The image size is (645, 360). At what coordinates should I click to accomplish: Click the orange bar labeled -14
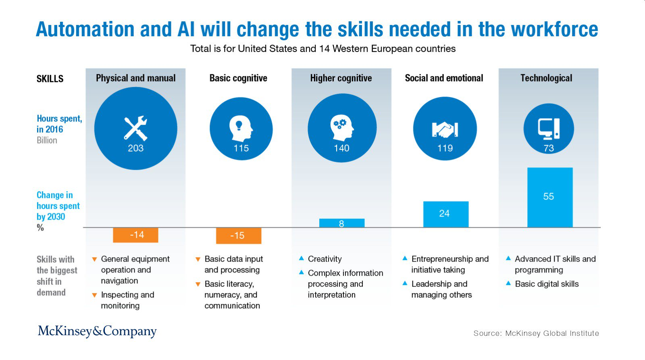click(135, 235)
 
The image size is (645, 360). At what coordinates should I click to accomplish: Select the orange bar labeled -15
click(239, 236)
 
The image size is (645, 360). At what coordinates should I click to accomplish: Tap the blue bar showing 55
click(550, 198)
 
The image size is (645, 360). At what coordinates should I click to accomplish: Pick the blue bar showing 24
click(446, 214)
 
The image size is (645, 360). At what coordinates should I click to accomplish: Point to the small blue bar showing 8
click(342, 223)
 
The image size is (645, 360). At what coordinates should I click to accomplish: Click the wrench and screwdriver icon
click(135, 128)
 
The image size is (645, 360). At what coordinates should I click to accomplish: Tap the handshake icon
click(445, 129)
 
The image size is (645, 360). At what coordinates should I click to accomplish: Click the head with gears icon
click(342, 128)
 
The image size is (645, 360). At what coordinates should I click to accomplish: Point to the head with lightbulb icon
click(241, 129)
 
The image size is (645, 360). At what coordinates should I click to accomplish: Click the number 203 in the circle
click(135, 148)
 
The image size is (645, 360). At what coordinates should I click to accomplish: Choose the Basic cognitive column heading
click(238, 78)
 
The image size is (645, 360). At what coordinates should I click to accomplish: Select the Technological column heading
click(546, 78)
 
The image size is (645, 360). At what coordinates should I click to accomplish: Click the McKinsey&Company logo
click(97, 331)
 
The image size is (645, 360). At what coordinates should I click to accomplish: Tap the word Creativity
click(325, 259)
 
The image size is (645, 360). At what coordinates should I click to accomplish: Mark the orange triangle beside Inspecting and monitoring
click(94, 295)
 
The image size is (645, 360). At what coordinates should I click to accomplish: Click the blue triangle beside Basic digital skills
click(508, 283)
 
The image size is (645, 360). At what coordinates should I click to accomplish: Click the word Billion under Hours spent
click(47, 140)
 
